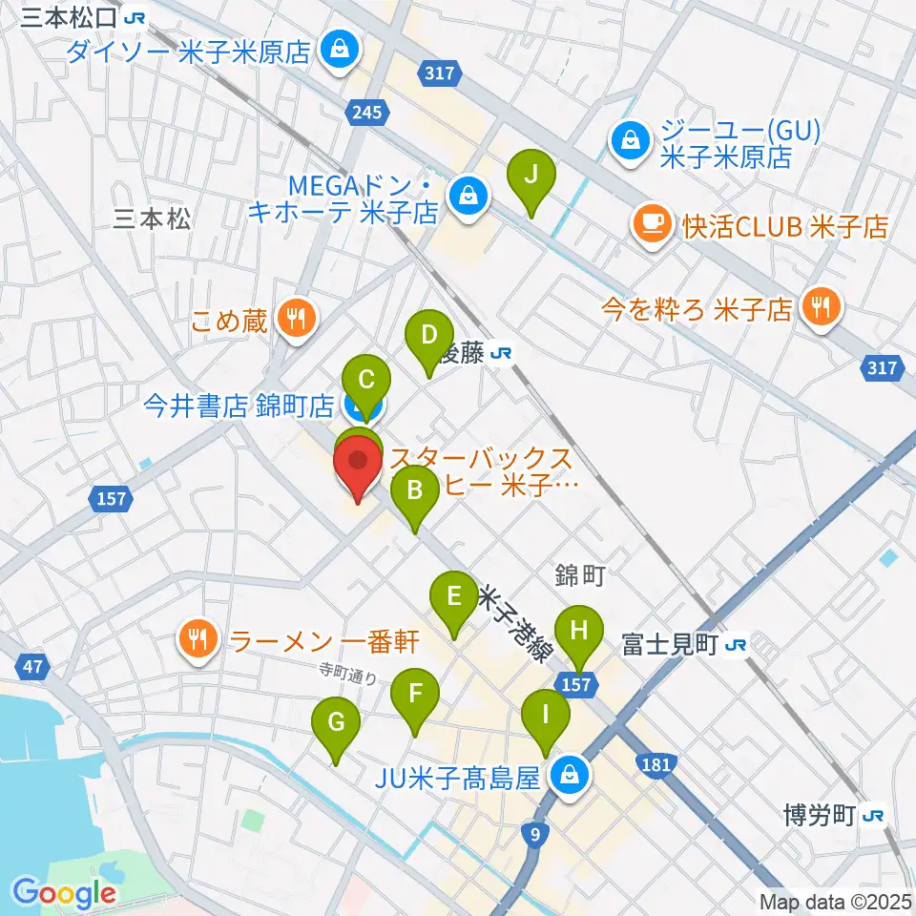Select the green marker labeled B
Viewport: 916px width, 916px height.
(415, 493)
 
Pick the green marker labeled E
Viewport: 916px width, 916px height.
(455, 599)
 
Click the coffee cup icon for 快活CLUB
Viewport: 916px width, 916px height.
(653, 226)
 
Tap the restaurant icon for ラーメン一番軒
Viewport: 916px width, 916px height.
(198, 636)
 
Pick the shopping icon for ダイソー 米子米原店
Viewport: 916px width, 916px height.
(338, 49)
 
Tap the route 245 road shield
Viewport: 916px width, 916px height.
(367, 113)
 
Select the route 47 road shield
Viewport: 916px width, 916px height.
(32, 666)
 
